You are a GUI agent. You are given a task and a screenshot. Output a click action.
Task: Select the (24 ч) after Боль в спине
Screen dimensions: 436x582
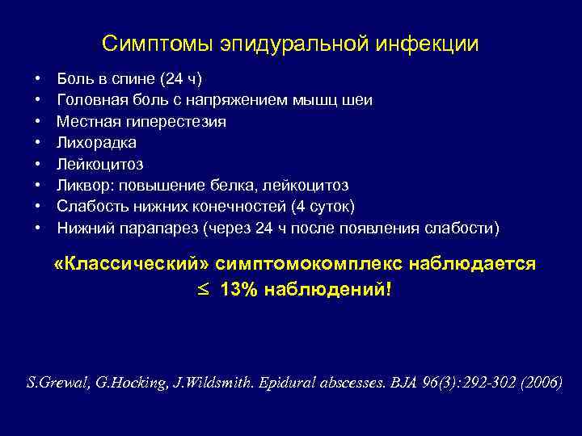point(181,79)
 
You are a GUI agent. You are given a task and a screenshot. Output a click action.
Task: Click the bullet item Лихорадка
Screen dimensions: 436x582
point(96,143)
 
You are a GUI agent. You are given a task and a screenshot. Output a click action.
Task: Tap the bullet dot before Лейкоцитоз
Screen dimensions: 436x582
point(38,165)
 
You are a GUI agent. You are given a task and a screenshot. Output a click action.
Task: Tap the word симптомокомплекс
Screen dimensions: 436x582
point(302,265)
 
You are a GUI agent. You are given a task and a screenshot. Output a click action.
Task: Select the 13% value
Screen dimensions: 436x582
point(237,288)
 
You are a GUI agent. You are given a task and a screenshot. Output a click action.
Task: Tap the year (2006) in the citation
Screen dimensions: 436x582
point(537,383)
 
